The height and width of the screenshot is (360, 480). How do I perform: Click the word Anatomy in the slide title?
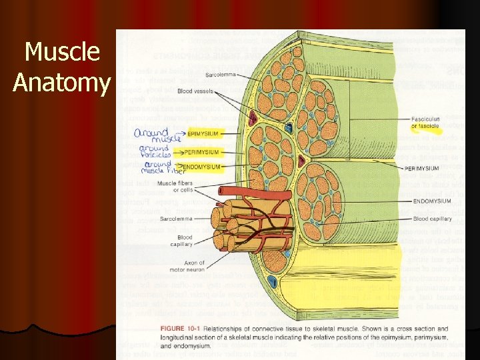click(61, 83)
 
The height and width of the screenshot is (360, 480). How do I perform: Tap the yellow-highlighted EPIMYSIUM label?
click(203, 133)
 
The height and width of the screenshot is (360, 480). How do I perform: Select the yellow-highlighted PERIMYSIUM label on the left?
click(202, 152)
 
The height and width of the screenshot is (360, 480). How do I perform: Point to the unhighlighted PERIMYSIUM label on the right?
click(421, 169)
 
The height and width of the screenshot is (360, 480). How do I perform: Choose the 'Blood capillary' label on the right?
click(431, 218)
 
